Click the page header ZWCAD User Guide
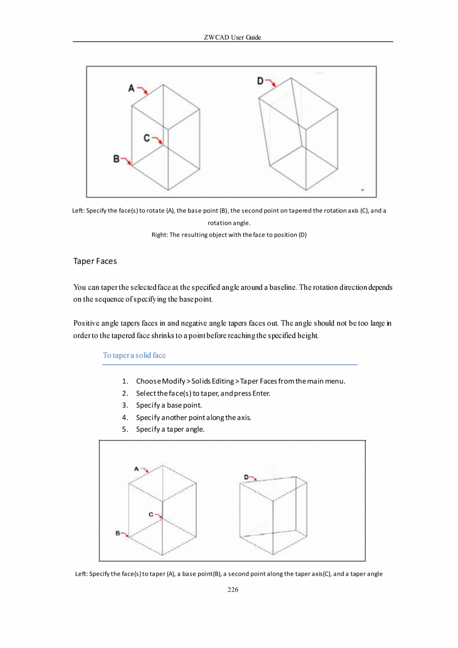coord(232,37)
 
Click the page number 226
coord(232,590)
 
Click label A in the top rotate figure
coord(131,88)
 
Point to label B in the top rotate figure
coord(116,159)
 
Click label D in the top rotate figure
coord(260,80)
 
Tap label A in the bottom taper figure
coord(136,469)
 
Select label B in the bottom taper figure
coord(118,533)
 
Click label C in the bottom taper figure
coord(151,514)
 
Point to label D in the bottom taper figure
coord(246,477)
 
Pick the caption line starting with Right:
coord(229,235)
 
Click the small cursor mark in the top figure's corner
coord(362,190)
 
